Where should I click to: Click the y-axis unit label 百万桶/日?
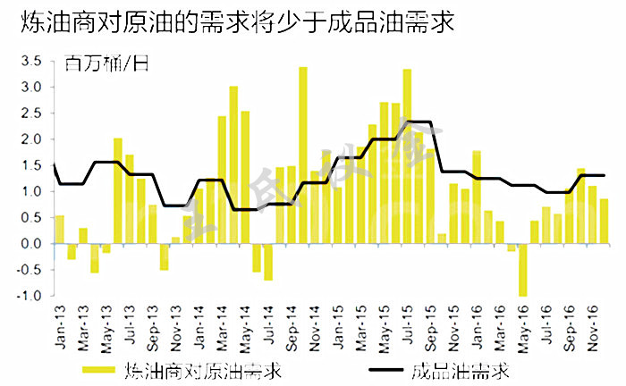pyautogui.click(x=106, y=63)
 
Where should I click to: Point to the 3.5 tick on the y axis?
pyautogui.click(x=30, y=61)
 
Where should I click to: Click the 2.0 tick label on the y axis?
pyautogui.click(x=30, y=139)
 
